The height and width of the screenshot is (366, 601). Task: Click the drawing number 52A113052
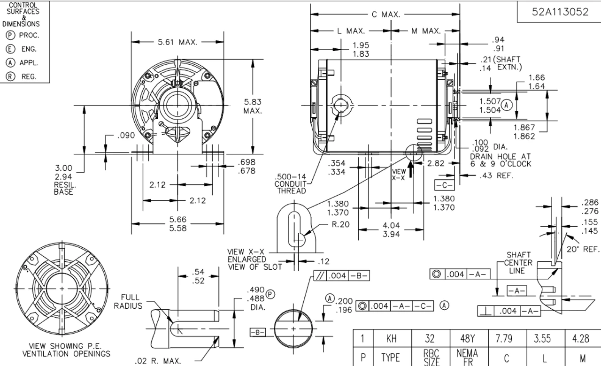pos(560,12)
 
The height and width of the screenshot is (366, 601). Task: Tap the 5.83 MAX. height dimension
pos(253,106)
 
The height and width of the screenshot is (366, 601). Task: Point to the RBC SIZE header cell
pos(431,357)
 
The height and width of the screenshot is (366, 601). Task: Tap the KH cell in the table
pos(391,338)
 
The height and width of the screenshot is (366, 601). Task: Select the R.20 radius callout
pos(341,224)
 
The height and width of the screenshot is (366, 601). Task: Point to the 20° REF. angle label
pos(583,250)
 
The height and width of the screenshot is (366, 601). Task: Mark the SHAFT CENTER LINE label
pos(519,263)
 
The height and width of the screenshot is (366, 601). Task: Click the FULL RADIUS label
pos(130,301)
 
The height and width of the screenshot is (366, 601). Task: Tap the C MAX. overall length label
pos(386,15)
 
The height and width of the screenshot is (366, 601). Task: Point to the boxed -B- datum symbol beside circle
pos(258,333)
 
